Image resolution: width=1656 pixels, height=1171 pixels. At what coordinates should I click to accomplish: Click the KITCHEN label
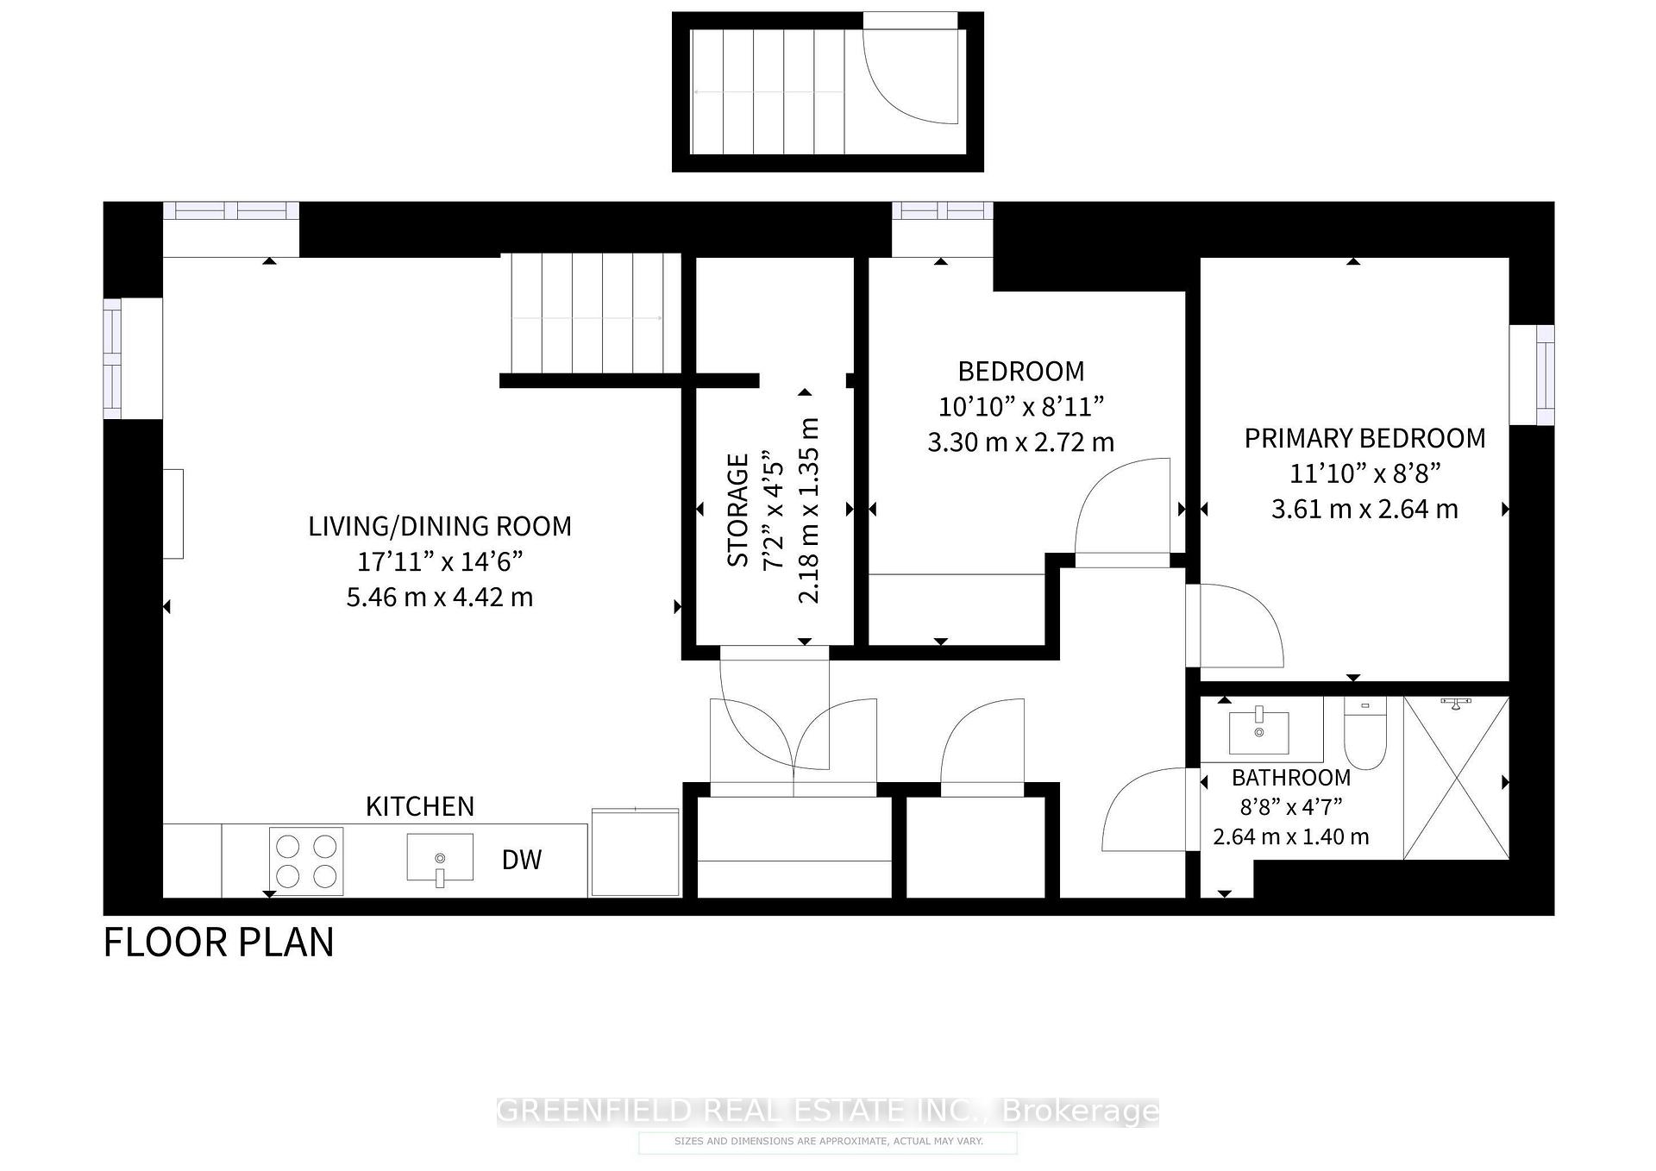point(420,806)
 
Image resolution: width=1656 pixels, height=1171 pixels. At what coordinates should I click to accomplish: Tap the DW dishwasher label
point(522,860)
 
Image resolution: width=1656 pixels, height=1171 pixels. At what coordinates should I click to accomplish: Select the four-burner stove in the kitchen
point(306,861)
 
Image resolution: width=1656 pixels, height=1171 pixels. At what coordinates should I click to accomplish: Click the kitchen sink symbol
point(440,858)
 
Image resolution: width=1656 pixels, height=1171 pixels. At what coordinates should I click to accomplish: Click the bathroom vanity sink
point(1259,732)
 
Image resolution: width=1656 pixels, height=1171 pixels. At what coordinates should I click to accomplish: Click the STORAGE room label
point(738,510)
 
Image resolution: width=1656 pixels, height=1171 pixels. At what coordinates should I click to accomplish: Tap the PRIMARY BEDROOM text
point(1364,438)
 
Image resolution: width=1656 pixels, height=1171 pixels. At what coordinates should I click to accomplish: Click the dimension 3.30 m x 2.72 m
point(1020,442)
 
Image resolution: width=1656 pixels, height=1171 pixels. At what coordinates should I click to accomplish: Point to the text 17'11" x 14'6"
point(440,562)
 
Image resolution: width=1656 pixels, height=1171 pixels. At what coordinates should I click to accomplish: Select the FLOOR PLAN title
point(218,942)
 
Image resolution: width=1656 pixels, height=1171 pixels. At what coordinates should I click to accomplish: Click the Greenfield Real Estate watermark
point(827,1111)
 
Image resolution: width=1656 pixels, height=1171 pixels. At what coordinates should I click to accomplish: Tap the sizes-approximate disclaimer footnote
point(827,1142)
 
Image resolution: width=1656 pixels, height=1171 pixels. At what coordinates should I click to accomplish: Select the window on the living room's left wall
point(113,359)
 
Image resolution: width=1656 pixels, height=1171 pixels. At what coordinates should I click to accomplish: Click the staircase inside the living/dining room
point(591,315)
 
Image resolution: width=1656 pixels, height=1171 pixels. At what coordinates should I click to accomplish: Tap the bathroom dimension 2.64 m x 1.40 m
point(1290,836)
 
